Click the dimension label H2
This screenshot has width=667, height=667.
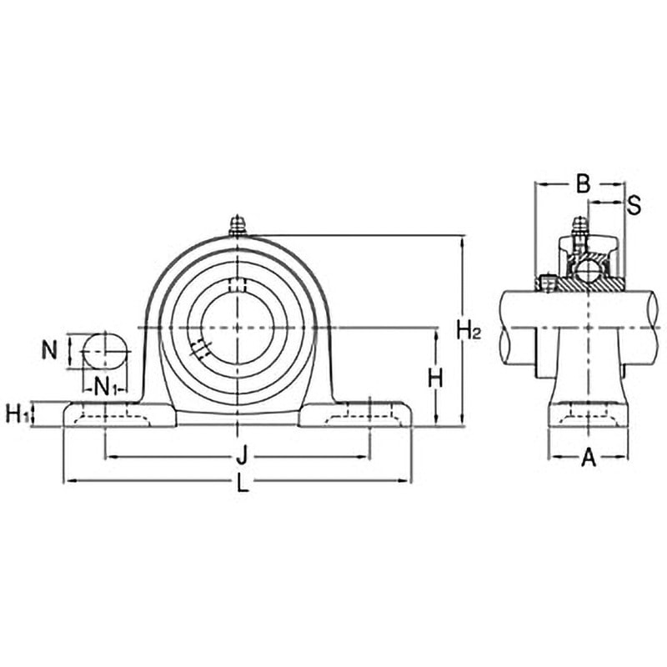tap(469, 330)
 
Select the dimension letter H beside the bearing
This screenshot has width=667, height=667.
tap(435, 378)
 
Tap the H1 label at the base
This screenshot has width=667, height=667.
tap(18, 414)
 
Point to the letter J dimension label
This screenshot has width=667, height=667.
tap(242, 454)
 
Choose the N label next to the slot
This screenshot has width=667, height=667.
tap(49, 351)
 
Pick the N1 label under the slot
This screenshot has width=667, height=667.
tap(105, 387)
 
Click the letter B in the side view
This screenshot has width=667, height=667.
tap(583, 183)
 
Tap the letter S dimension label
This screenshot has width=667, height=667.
tap(634, 205)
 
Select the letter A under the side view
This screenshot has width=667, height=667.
tap(589, 458)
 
